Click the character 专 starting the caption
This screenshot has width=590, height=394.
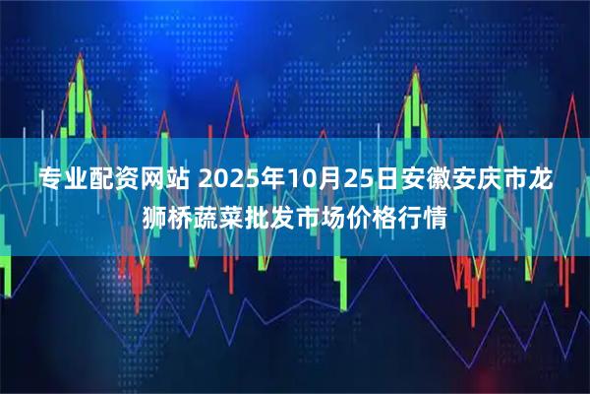(x=50, y=181)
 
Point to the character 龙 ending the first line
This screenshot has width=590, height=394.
(x=539, y=181)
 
